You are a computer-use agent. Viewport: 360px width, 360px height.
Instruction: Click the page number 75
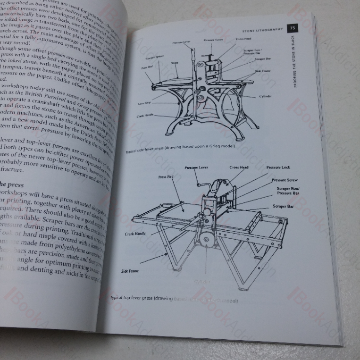click(x=293, y=28)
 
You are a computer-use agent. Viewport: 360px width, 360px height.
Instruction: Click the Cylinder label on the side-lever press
click(x=265, y=96)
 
